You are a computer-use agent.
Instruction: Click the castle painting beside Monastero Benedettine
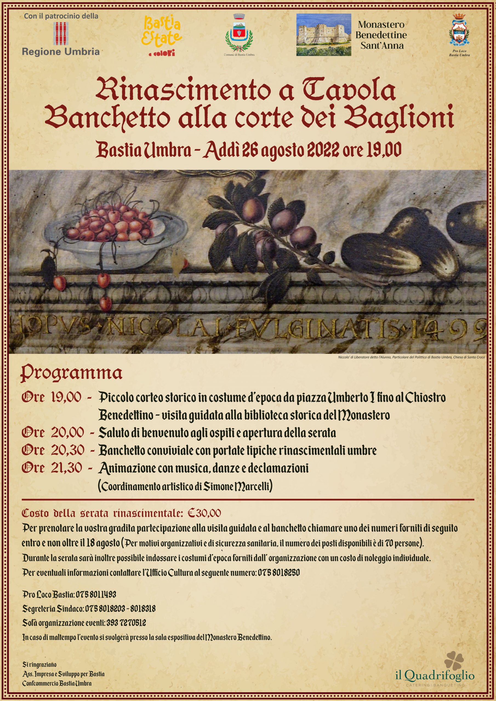coord(323,35)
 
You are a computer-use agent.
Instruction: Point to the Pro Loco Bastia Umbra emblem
coord(459,34)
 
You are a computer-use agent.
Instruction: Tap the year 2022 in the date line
coord(323,150)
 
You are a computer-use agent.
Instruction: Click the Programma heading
coord(71,374)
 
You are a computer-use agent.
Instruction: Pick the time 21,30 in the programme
coord(66,468)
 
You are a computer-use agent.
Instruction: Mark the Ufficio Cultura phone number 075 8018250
coord(278,573)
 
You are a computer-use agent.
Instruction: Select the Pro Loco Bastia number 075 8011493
coord(96,594)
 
